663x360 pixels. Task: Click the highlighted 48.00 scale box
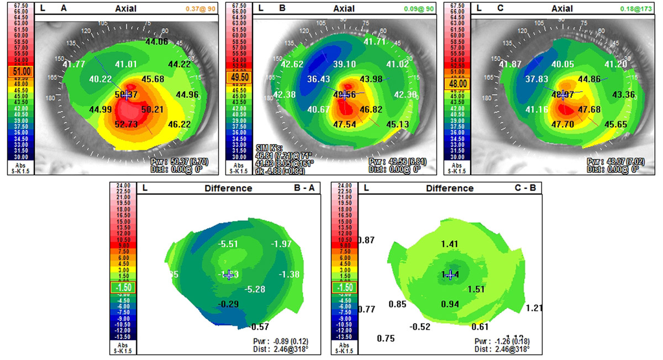point(453,83)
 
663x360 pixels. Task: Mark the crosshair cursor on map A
point(127,95)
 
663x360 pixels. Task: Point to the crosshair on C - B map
point(450,274)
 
